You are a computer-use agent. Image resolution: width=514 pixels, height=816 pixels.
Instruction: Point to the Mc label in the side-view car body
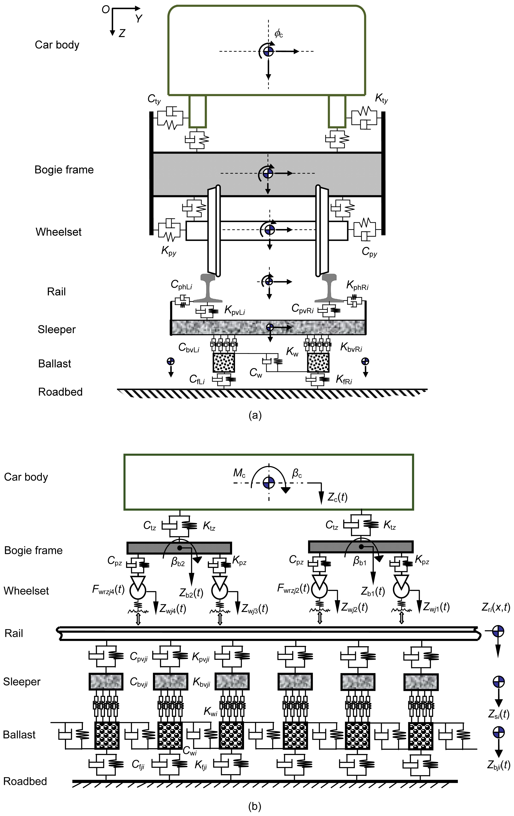coord(239,473)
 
